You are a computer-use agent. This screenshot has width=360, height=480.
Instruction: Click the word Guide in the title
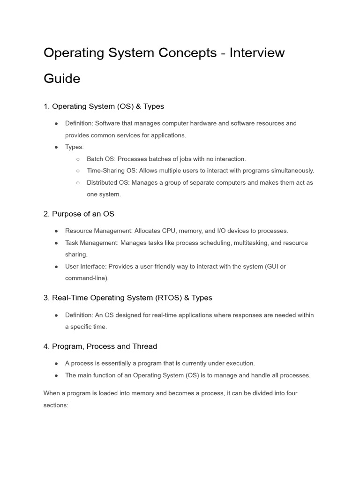pos(62,78)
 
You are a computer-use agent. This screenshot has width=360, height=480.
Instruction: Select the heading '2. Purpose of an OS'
pos(79,214)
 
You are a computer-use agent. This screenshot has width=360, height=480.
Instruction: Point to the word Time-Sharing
pos(105,171)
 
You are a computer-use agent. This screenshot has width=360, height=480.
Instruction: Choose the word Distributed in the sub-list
pos(103,182)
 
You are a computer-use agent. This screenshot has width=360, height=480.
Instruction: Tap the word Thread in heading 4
pos(145,346)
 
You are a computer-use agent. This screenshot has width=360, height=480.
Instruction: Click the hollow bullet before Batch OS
pos(78,159)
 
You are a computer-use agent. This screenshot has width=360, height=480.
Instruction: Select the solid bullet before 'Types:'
pos(56,147)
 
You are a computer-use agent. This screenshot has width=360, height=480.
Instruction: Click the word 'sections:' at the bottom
pos(56,405)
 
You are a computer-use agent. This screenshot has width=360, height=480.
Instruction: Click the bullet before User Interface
pos(56,266)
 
